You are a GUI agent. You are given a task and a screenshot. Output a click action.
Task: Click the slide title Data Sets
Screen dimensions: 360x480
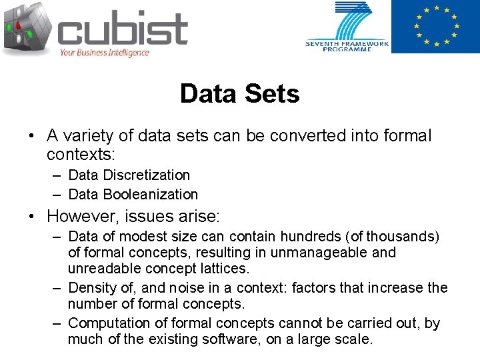pos(239,94)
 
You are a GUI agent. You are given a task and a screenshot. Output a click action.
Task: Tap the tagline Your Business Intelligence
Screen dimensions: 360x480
pos(104,53)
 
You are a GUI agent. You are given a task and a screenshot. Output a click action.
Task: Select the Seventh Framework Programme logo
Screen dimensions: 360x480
pos(347,27)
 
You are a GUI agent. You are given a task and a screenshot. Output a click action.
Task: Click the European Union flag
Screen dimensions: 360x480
pos(435,27)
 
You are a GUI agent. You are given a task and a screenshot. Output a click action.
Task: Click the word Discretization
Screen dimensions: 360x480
pos(147,175)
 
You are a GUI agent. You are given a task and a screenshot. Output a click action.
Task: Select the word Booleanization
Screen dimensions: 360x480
pos(151,195)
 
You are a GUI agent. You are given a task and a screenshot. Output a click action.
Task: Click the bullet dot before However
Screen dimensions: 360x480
pos(31,217)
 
